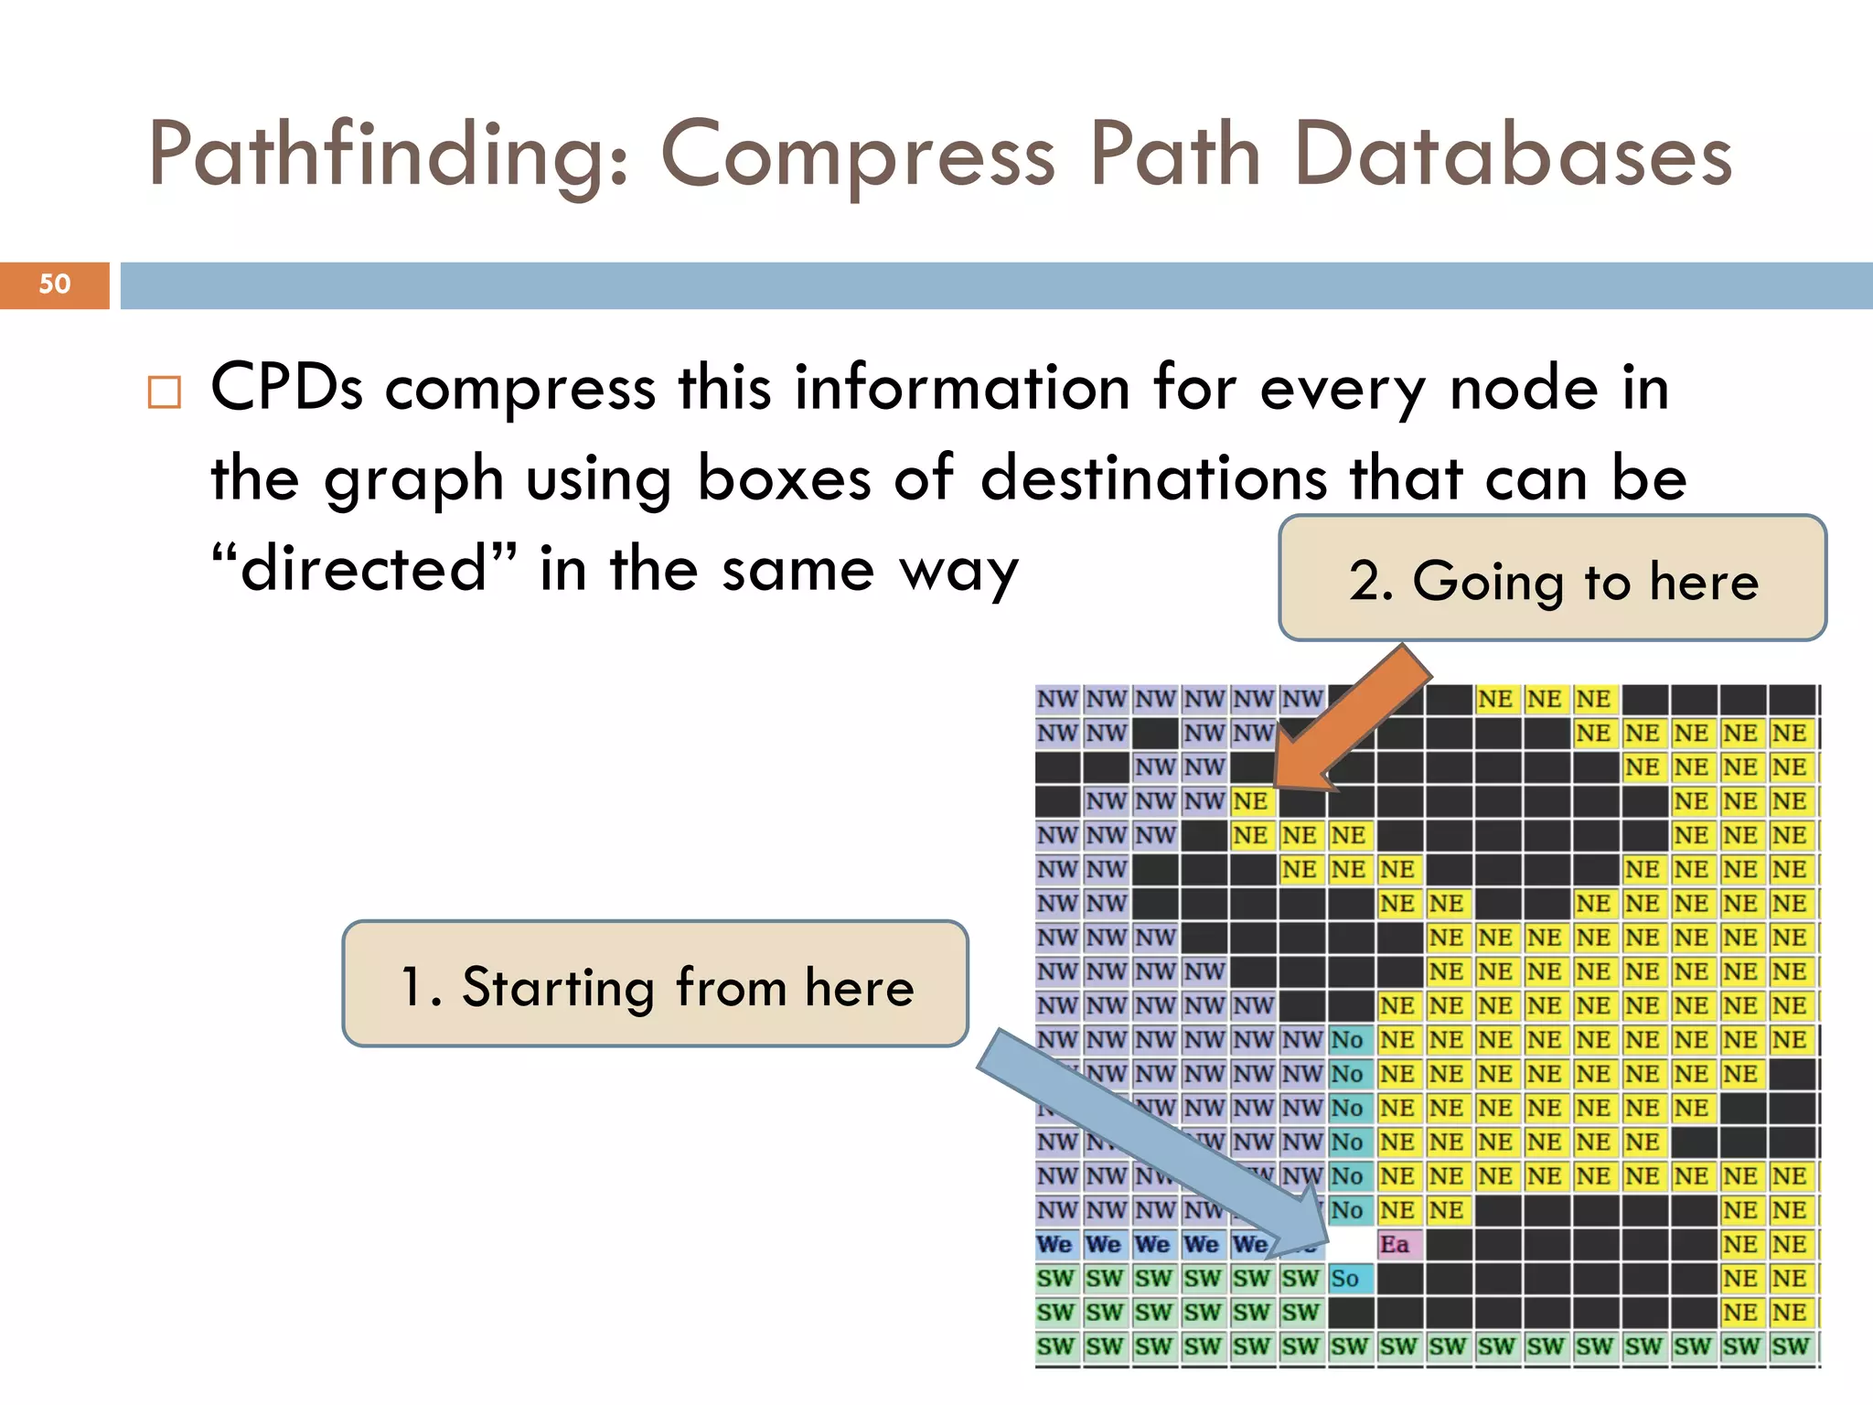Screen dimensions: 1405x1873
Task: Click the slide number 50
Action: pos(54,284)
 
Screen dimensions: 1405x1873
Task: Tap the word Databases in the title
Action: pos(1514,156)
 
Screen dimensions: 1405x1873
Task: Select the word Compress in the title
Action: pos(858,156)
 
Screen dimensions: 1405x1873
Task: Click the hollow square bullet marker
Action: pos(165,392)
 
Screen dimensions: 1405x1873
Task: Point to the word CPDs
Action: pos(286,387)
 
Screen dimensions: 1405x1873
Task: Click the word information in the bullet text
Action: pos(962,387)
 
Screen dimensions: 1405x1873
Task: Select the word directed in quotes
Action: pos(363,569)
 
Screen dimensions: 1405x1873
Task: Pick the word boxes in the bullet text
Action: pos(784,478)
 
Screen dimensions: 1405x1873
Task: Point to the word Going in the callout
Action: pos(1488,582)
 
